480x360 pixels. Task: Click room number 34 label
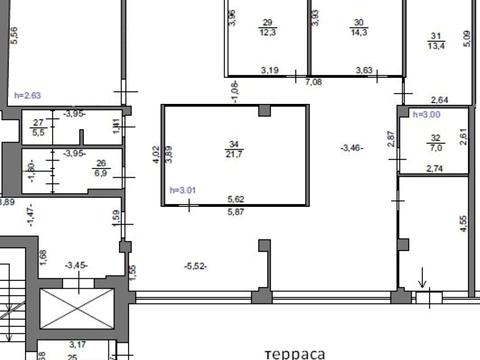click(234, 143)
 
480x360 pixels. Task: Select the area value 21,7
click(234, 154)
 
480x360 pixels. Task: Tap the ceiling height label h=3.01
click(185, 190)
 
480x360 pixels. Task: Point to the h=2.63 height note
click(28, 95)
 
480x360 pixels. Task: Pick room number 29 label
click(267, 22)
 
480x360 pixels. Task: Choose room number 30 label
click(358, 22)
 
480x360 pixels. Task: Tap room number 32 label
click(435, 137)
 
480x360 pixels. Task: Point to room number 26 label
click(100, 164)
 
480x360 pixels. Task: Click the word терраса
click(299, 353)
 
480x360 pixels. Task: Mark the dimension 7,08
click(313, 82)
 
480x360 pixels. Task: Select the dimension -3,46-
click(352, 148)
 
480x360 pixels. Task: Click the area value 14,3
click(358, 33)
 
